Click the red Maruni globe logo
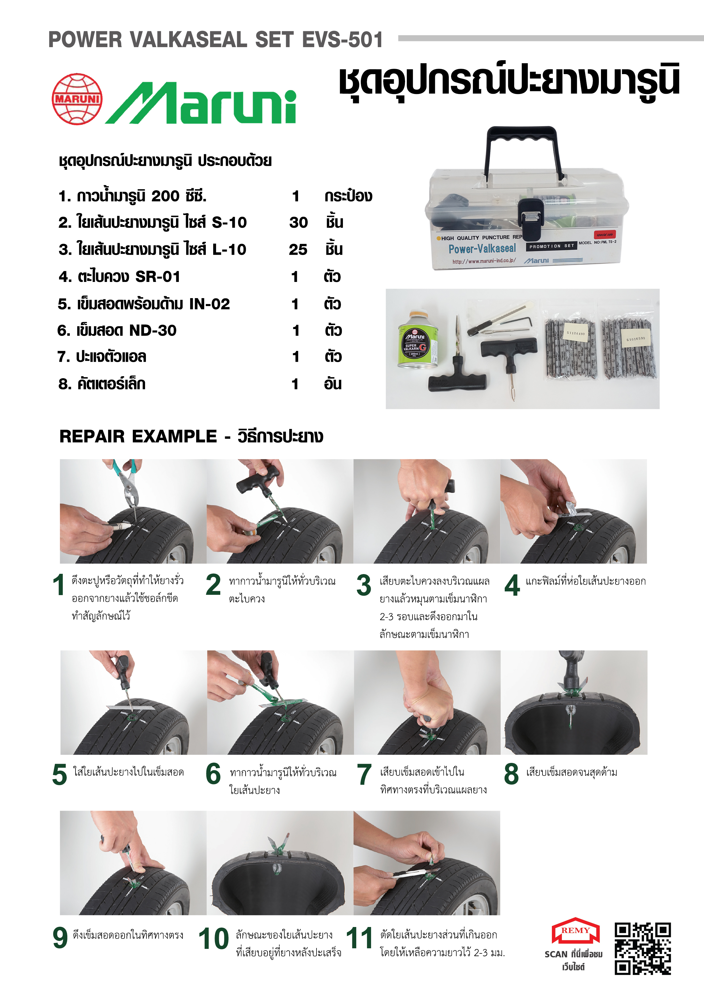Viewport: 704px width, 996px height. tap(77, 99)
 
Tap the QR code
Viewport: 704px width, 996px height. tap(643, 948)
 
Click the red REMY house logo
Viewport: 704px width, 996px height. tap(575, 931)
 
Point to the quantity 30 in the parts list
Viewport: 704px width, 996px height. tap(298, 223)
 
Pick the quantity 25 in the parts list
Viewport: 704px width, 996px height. tap(298, 250)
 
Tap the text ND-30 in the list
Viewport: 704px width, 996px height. tap(153, 330)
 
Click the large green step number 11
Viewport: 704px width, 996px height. tap(359, 938)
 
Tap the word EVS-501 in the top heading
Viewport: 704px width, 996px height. tap(343, 39)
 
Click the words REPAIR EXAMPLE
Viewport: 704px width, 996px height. tap(138, 436)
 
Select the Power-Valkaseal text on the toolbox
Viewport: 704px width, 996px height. tap(482, 248)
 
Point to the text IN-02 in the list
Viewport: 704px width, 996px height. tap(209, 304)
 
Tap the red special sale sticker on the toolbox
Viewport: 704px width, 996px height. tap(605, 234)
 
